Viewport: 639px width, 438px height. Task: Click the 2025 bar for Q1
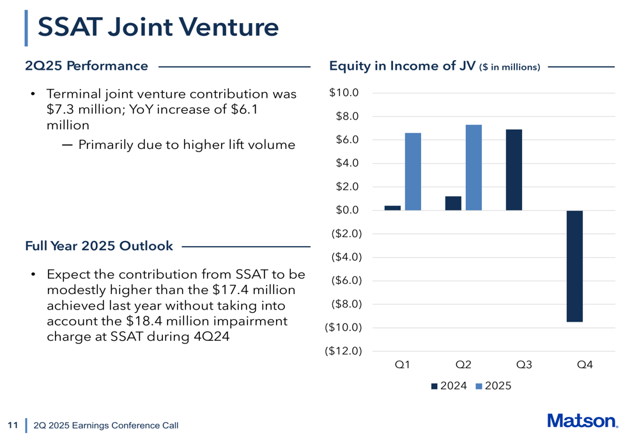click(413, 171)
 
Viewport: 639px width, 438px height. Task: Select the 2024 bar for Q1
click(392, 208)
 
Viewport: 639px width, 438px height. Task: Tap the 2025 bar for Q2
click(473, 168)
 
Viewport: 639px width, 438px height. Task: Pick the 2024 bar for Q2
click(453, 203)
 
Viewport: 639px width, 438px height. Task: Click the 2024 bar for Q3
click(514, 170)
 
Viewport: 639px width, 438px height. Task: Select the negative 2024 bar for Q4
click(574, 266)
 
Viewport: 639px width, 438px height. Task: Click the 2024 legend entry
click(449, 386)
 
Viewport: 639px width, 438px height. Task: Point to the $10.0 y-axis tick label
click(344, 93)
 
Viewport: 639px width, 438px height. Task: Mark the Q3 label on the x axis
click(524, 365)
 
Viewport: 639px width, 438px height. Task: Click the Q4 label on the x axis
click(585, 365)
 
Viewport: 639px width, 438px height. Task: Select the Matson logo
click(582, 421)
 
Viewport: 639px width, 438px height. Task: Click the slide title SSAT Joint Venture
click(158, 27)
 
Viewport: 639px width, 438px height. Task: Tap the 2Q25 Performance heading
click(86, 65)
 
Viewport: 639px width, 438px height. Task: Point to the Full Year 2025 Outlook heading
click(99, 246)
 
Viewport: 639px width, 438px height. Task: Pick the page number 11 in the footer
click(12, 425)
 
